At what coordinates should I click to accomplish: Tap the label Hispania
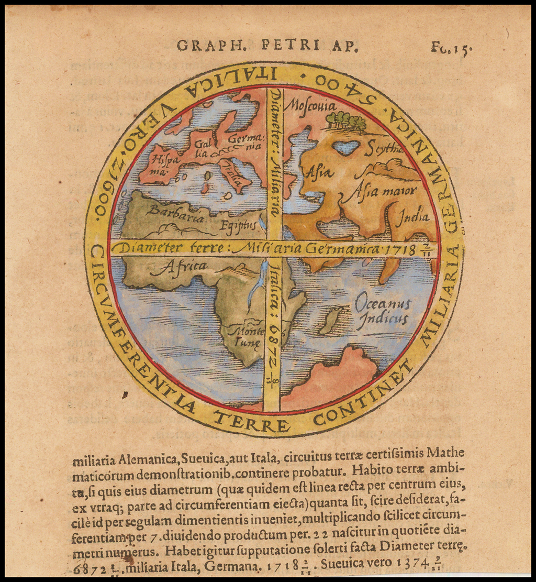click(x=159, y=161)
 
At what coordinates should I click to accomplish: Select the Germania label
click(x=242, y=142)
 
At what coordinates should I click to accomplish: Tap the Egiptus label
click(x=238, y=225)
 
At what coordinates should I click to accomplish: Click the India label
click(x=412, y=216)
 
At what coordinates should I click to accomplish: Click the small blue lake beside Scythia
click(x=347, y=147)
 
